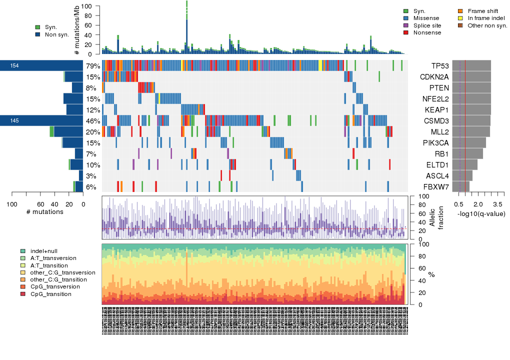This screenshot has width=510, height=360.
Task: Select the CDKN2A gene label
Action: tap(436, 77)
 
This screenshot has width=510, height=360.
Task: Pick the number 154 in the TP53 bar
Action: tap(14, 66)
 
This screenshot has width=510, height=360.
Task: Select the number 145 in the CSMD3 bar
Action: tap(14, 121)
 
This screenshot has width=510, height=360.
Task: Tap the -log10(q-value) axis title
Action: tap(481, 213)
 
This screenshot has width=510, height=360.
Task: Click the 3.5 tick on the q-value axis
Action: tap(497, 204)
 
